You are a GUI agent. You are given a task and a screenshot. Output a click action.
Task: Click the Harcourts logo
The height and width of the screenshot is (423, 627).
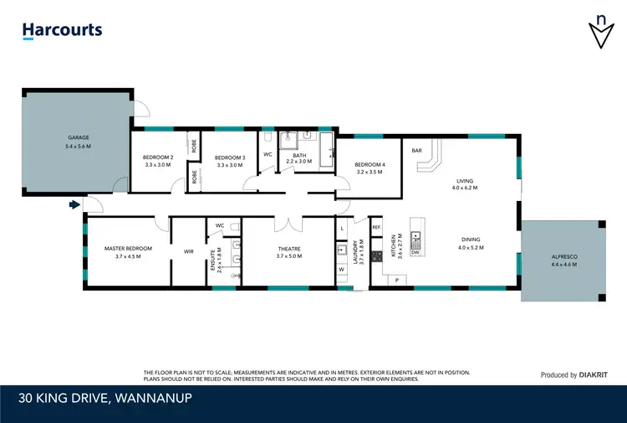pos(62,31)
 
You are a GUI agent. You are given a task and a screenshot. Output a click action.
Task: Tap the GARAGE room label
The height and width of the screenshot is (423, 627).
pos(79,137)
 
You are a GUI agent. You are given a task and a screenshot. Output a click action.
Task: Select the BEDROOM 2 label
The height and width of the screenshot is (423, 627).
pos(158,157)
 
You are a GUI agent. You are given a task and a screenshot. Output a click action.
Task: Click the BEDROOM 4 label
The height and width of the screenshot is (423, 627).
pos(369,164)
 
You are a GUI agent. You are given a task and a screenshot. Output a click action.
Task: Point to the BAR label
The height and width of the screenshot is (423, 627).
pos(416,151)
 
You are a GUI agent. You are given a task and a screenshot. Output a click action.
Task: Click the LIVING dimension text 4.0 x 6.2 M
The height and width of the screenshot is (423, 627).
pos(465,188)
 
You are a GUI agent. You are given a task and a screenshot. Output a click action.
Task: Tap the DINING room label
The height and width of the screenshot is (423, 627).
pos(469,240)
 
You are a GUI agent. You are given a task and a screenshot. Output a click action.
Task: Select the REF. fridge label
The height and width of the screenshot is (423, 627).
pos(377,228)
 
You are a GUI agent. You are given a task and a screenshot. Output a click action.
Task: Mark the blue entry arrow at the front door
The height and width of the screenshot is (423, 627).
pos(74,204)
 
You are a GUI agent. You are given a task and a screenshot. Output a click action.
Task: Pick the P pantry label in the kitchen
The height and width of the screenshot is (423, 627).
pos(397,279)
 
